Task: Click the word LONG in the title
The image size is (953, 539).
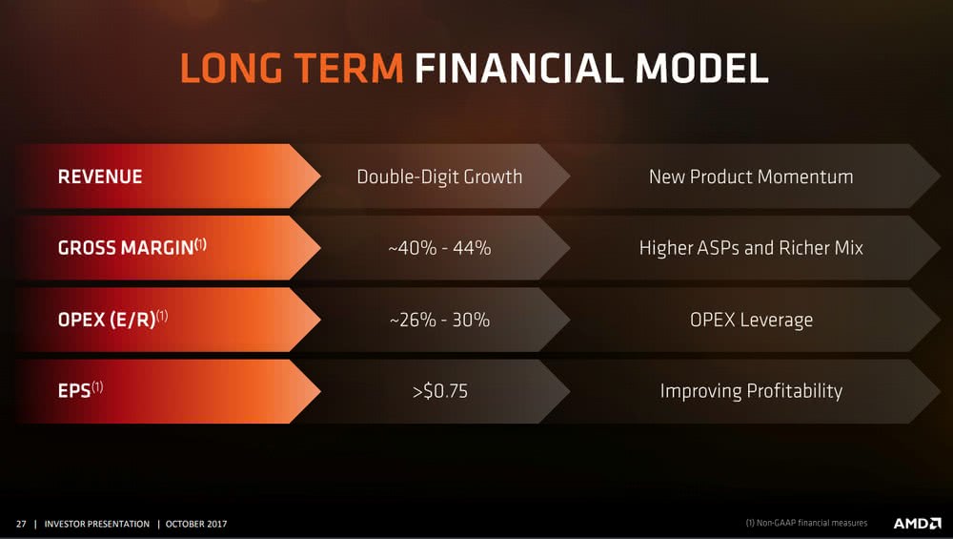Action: coord(231,68)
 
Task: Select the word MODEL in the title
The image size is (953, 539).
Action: coord(702,68)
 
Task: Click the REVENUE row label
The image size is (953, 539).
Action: coord(100,177)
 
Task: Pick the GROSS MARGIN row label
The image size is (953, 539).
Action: coord(132,247)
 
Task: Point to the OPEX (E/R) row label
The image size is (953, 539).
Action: coord(112,319)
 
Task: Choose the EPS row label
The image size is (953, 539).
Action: coord(80,390)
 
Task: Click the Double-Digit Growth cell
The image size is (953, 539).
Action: coord(439,177)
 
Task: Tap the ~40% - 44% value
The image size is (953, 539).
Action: coord(439,248)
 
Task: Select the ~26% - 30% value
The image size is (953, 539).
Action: coord(439,320)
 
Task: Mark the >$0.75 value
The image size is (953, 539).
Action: coord(440,391)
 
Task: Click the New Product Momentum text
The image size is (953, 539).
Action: coord(751,177)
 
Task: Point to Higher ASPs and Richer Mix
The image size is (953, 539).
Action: coord(751,248)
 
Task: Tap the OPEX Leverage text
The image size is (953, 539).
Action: coord(751,320)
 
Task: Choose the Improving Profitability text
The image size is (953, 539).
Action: coord(751,391)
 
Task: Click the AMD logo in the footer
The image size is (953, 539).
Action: coord(917,523)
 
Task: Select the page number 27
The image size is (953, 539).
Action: coord(21,524)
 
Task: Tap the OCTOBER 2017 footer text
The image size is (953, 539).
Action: coord(196,524)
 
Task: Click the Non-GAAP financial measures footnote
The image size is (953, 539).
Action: coord(806,523)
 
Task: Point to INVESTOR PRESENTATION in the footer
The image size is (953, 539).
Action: coord(96,524)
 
